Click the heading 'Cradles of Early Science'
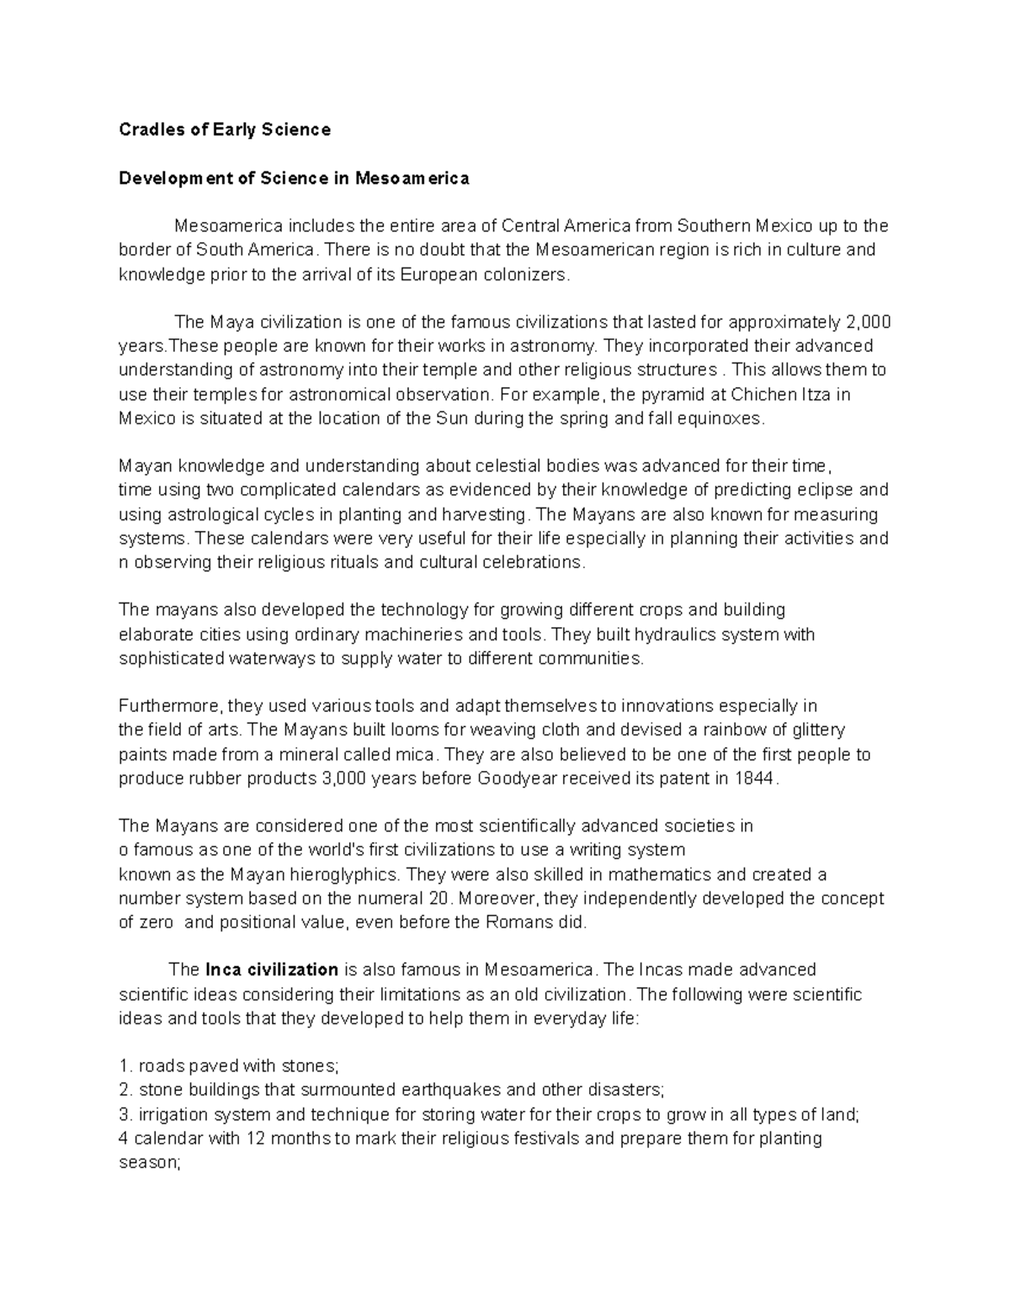tap(225, 130)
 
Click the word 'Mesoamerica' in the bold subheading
tap(412, 178)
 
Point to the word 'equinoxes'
tap(723, 418)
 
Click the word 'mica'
tap(421, 754)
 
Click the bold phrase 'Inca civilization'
tap(272, 970)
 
